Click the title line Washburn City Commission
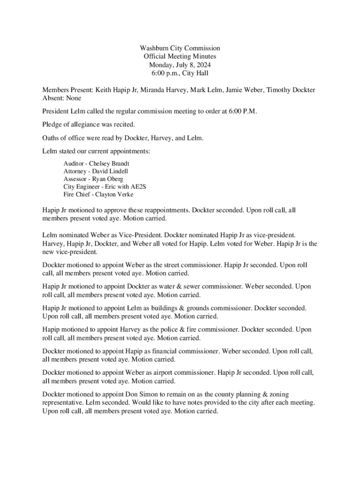(180, 48)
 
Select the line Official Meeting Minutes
(180, 57)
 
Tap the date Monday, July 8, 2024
(180, 65)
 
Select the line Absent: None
(61, 98)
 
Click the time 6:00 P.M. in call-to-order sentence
(242, 111)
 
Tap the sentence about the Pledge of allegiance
(88, 124)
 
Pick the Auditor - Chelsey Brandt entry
(96, 164)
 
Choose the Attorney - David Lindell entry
(95, 171)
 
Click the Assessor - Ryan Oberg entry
(93, 179)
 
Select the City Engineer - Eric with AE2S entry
(105, 186)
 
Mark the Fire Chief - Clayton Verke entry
(98, 194)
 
